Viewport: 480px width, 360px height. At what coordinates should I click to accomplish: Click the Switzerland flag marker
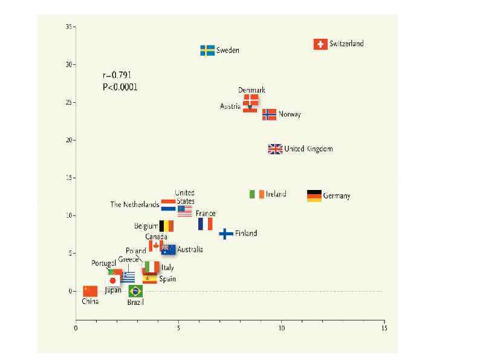coord(320,44)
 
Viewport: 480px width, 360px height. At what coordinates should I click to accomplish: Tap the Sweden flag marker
coord(207,50)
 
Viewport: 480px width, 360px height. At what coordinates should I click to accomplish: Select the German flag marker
coord(314,195)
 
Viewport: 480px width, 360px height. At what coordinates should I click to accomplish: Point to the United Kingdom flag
coord(275,149)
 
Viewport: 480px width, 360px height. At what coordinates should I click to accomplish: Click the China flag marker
coord(90,291)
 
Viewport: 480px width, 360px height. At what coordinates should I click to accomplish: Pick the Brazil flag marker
coord(135,291)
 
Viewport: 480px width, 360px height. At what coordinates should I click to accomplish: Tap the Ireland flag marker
coord(257,194)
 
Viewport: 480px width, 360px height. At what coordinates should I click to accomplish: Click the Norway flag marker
coord(269,114)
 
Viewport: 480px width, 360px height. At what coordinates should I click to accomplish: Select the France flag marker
coord(205,224)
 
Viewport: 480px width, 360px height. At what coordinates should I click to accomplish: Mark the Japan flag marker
coord(113,280)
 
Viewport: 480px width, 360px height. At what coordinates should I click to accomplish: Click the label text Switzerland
coord(346,44)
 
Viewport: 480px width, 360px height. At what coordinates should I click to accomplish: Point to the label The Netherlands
coord(134,205)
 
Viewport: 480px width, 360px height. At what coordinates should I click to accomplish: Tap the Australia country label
coord(190,249)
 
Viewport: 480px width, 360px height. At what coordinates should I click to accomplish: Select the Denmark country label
coord(251,90)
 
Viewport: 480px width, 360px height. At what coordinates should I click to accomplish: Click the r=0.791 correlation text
coord(117,76)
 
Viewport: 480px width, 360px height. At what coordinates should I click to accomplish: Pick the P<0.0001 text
coord(120,87)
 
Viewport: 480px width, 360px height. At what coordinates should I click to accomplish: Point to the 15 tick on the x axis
coord(384,329)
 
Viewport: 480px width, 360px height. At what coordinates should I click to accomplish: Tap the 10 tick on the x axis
coord(281,329)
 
